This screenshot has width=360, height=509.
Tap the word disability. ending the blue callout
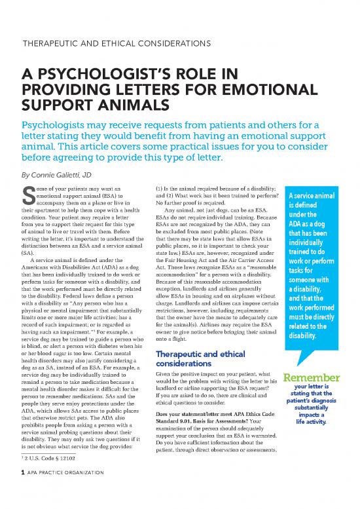click(305, 335)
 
